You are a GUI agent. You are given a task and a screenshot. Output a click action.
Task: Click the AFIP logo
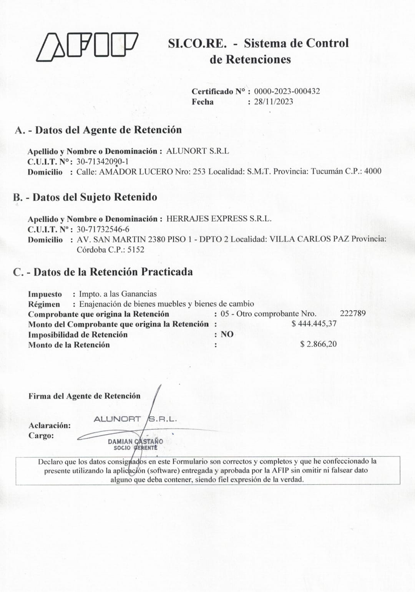(x=87, y=47)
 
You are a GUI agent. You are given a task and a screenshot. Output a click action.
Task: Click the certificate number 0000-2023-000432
(x=287, y=91)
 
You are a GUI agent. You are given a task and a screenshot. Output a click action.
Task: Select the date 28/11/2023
(x=273, y=102)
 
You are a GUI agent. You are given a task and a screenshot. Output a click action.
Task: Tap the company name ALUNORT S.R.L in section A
(x=197, y=151)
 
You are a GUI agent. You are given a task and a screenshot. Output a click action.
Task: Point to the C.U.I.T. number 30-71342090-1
(x=103, y=161)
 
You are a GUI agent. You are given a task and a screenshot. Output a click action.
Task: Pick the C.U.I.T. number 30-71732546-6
(x=103, y=229)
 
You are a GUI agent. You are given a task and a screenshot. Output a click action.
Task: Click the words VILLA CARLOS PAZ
(x=309, y=239)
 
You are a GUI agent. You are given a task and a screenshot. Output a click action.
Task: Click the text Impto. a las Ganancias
(x=118, y=294)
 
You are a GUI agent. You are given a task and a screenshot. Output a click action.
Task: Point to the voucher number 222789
(x=353, y=313)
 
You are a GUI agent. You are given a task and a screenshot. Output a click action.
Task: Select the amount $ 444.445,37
(x=314, y=324)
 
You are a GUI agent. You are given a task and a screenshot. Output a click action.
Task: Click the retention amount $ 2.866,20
(x=318, y=344)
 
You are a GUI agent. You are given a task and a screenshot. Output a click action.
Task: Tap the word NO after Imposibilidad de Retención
(x=227, y=334)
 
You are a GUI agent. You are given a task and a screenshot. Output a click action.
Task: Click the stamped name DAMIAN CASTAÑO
(x=135, y=442)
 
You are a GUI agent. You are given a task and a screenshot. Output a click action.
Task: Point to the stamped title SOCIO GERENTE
(x=135, y=448)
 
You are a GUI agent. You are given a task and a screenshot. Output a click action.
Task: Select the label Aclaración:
(x=50, y=426)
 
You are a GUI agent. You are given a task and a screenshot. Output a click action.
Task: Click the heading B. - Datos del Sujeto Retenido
(x=85, y=197)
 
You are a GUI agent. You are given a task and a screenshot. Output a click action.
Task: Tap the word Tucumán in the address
(x=326, y=171)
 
